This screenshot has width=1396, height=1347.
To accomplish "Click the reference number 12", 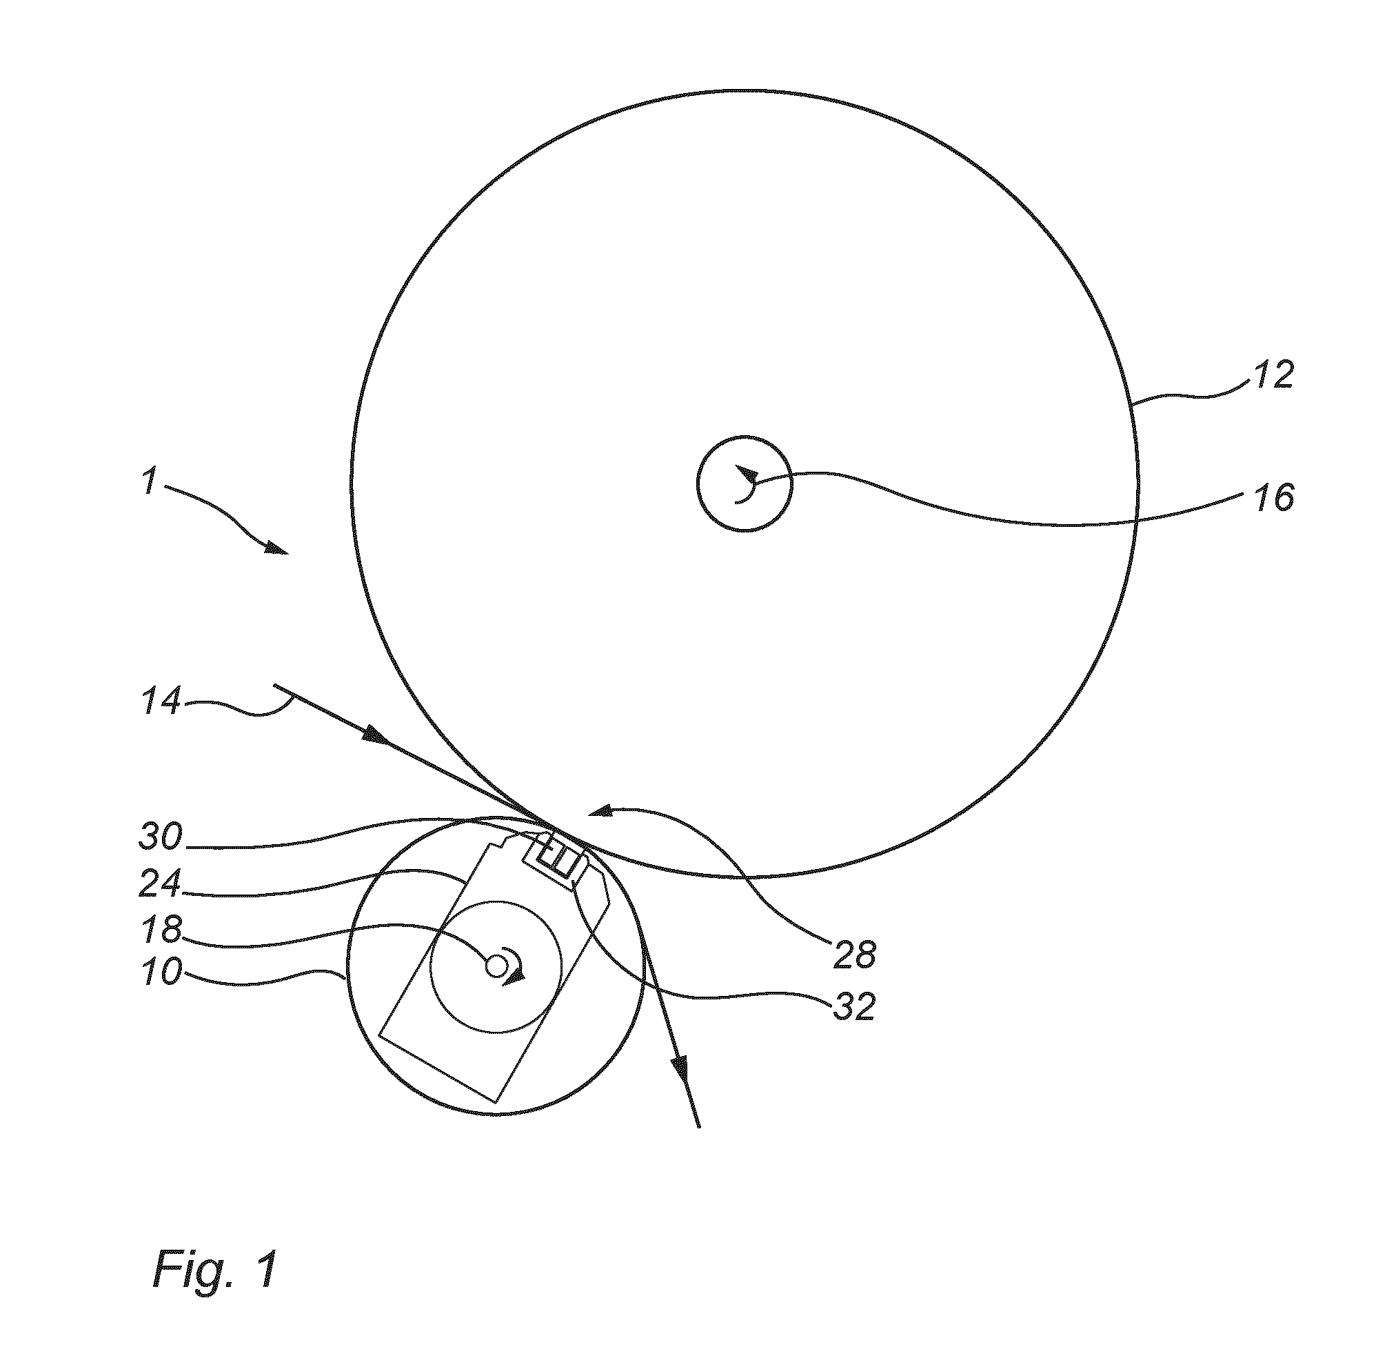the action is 1273,373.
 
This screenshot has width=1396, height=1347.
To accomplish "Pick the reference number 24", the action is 161,884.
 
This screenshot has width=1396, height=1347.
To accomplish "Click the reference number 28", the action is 854,955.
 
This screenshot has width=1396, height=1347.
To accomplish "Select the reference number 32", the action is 854,1007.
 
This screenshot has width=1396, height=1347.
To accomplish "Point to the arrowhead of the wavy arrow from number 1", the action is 277,549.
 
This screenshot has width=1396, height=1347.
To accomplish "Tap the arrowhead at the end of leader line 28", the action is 600,811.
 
